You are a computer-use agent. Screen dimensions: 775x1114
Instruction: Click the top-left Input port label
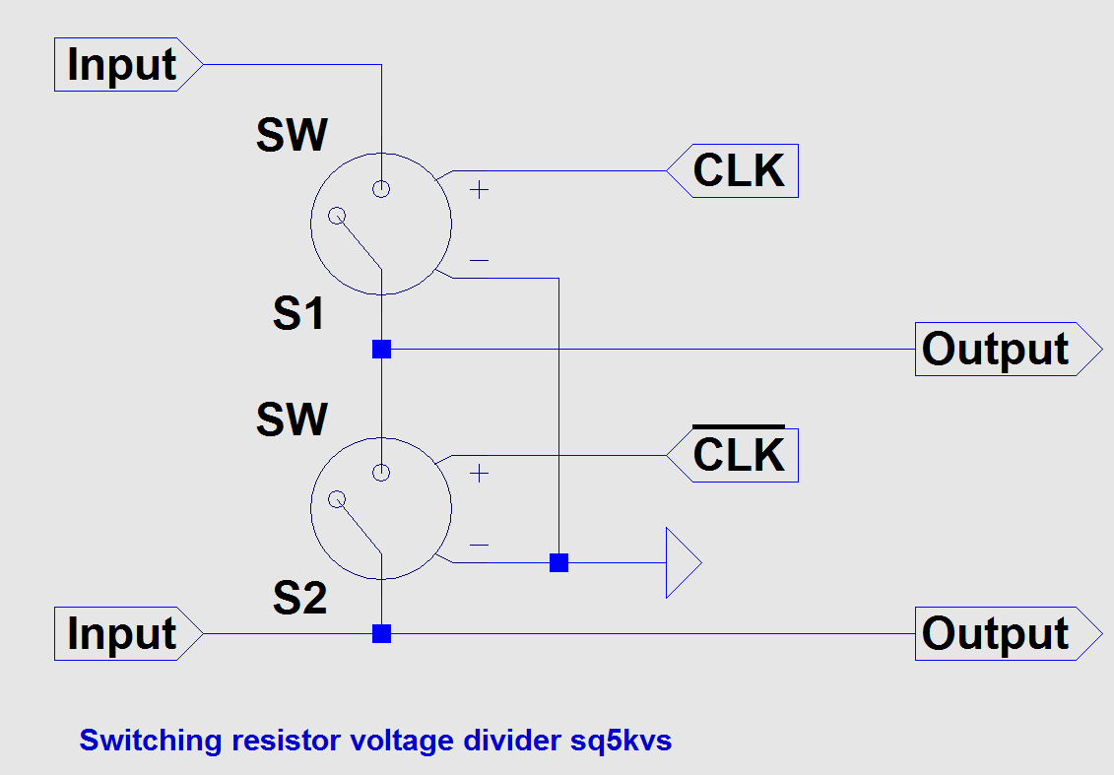pyautogui.click(x=121, y=65)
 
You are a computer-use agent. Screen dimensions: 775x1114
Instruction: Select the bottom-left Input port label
pyautogui.click(x=121, y=634)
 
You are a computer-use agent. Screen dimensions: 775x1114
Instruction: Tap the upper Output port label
pyautogui.click(x=996, y=350)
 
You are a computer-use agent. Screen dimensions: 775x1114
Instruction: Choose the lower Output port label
pyautogui.click(x=996, y=634)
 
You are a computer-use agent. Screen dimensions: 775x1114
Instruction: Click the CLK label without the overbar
pyautogui.click(x=739, y=171)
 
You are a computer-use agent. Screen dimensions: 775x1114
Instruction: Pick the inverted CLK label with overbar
pyautogui.click(x=739, y=455)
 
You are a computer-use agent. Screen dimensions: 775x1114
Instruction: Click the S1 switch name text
pyautogui.click(x=298, y=315)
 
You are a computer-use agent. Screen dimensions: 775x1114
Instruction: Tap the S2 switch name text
pyautogui.click(x=298, y=599)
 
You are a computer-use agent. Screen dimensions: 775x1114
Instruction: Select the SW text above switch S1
pyautogui.click(x=292, y=136)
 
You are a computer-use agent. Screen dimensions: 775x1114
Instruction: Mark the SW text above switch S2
pyautogui.click(x=292, y=420)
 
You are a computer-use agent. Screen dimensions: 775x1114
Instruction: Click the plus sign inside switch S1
pyautogui.click(x=479, y=190)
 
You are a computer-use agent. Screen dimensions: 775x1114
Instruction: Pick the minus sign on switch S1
pyautogui.click(x=479, y=261)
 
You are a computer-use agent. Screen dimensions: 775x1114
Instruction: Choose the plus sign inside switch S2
pyautogui.click(x=479, y=474)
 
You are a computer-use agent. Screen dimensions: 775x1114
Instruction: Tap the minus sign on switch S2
pyautogui.click(x=479, y=545)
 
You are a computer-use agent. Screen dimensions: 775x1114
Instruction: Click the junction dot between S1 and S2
pyautogui.click(x=381, y=349)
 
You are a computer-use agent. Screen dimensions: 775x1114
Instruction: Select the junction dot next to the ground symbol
pyautogui.click(x=558, y=563)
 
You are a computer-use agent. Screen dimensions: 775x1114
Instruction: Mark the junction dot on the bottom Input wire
pyautogui.click(x=381, y=633)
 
